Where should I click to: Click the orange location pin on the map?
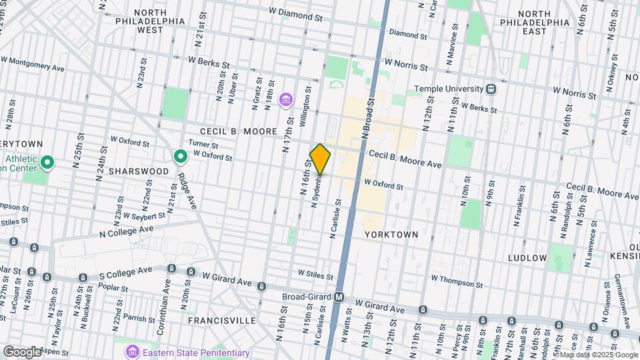320,159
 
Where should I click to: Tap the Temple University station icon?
491,89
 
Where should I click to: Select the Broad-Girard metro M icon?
339,297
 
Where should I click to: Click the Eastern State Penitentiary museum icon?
132,351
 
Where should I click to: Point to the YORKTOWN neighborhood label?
391,235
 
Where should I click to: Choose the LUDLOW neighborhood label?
527,257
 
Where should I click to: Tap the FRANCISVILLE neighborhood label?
222,321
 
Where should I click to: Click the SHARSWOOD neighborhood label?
140,171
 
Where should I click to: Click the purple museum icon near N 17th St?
286,100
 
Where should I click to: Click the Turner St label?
203,145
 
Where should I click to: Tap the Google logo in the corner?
22,351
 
